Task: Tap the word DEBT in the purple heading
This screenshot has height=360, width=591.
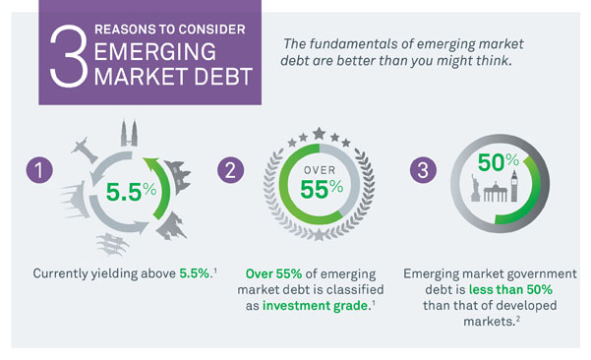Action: pos(221,79)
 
